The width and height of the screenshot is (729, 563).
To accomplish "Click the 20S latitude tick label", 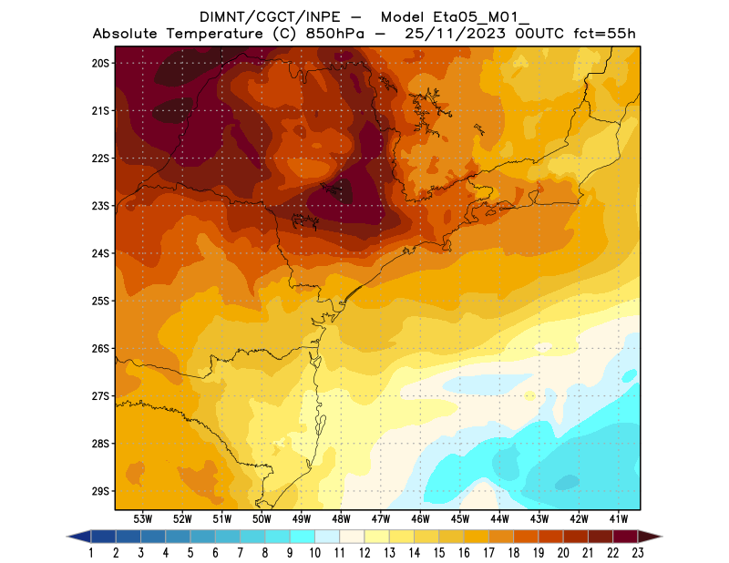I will pyautogui.click(x=100, y=63).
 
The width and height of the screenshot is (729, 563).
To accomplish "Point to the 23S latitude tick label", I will pyautogui.click(x=100, y=206).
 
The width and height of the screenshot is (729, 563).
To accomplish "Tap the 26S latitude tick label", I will pyautogui.click(x=100, y=349).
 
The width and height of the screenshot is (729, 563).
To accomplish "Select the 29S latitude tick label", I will pyautogui.click(x=100, y=491).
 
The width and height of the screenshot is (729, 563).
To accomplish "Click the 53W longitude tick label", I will pyautogui.click(x=142, y=518).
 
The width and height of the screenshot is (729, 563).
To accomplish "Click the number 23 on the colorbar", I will pyautogui.click(x=637, y=552).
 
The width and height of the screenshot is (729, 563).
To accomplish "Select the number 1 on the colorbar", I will pyautogui.click(x=92, y=552).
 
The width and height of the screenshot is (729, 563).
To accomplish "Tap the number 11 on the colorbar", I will pyautogui.click(x=340, y=552).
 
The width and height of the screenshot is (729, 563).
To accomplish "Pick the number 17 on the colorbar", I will pyautogui.click(x=488, y=552).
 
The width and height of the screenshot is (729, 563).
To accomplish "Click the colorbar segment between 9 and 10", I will pyautogui.click(x=303, y=537).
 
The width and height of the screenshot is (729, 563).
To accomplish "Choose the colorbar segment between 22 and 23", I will pyautogui.click(x=625, y=537).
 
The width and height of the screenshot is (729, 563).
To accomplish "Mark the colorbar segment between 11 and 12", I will pyautogui.click(x=353, y=537).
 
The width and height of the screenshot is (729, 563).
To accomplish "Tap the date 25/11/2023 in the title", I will pyautogui.click(x=439, y=34).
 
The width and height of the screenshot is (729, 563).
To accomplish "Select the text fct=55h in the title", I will pyautogui.click(x=603, y=34).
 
